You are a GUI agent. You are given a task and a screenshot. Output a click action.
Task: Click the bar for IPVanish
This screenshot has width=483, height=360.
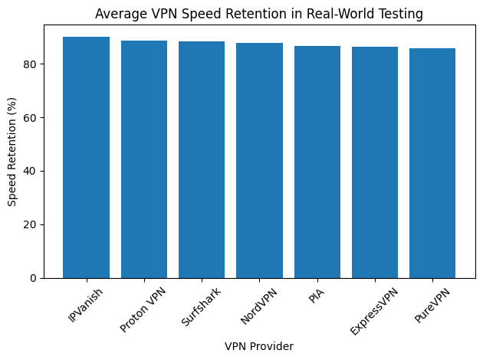[87, 157]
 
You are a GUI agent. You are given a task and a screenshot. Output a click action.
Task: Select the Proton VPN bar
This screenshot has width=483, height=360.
[144, 159]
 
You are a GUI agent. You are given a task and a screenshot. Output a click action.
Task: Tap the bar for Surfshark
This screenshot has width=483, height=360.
[202, 159]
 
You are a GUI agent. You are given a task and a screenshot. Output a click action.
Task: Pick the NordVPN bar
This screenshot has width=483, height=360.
[259, 160]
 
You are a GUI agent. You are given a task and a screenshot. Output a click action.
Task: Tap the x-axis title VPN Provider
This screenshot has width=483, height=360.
[259, 346]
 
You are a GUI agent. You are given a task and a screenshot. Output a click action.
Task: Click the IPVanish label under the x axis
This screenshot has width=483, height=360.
[81, 304]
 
